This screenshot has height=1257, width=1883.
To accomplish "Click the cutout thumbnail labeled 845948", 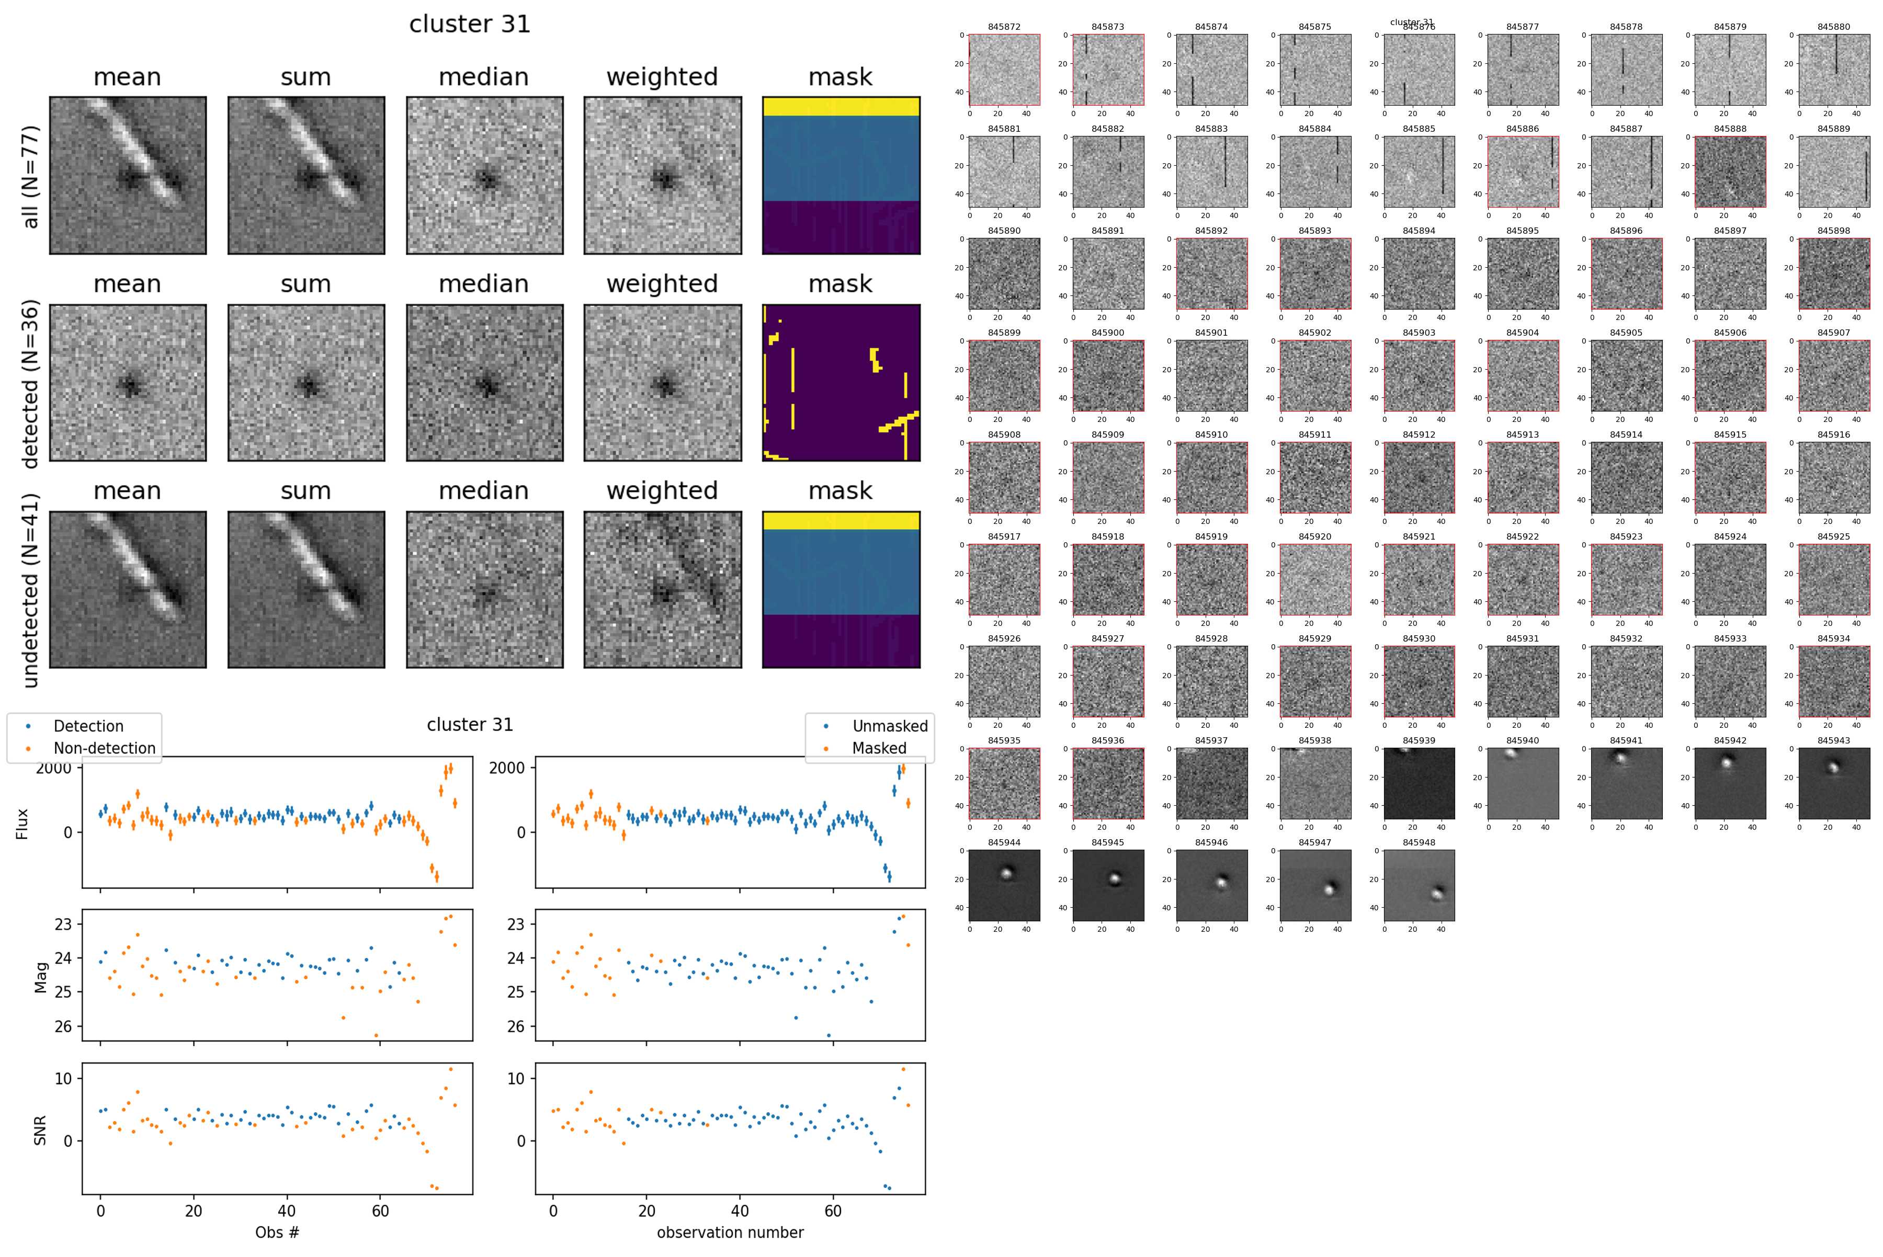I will (x=1419, y=885).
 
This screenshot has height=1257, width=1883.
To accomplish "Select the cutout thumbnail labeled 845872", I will (x=1004, y=70).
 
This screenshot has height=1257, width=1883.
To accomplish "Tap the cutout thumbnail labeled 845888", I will (x=1730, y=172).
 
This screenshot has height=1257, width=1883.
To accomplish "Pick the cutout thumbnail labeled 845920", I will (x=1315, y=579).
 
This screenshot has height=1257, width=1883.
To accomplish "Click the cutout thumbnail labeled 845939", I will (x=1419, y=783).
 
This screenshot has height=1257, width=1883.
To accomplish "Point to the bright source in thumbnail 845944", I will (x=1006, y=874).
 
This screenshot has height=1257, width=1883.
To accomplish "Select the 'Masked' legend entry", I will (x=879, y=748).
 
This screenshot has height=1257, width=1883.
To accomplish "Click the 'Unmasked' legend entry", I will (x=889, y=726).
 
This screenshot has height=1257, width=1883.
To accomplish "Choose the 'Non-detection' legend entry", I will (x=104, y=748).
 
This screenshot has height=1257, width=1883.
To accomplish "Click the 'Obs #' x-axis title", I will (x=277, y=1232).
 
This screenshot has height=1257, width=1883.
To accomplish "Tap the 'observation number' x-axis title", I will (x=730, y=1232).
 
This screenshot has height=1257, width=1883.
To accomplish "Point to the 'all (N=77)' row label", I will (x=30, y=176).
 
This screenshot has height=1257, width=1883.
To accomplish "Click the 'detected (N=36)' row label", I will (x=30, y=383).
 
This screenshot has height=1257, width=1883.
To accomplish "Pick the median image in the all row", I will (x=484, y=176).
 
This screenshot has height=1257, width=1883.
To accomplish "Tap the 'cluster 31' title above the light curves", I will (x=469, y=725).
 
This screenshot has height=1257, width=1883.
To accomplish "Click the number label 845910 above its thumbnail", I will (x=1211, y=435).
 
